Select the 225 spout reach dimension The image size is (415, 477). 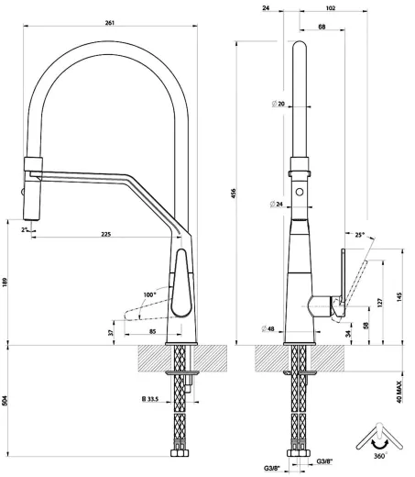point(105,236)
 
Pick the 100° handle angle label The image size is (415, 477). point(149,294)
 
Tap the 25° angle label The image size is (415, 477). point(360,235)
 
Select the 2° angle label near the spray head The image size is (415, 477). point(25,230)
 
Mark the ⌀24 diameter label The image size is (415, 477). point(278,203)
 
